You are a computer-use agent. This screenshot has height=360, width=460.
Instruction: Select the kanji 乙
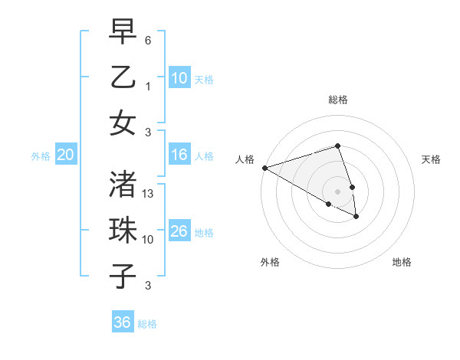click(123, 77)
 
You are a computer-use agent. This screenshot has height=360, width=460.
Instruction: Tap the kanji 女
click(123, 123)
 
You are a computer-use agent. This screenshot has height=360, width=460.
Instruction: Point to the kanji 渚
click(123, 185)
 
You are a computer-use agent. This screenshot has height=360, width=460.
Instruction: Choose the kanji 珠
click(123, 230)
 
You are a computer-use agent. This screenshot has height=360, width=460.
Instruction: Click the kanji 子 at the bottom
click(123, 275)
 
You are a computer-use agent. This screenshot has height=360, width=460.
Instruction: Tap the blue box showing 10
click(179, 77)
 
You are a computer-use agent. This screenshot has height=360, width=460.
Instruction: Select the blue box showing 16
click(179, 155)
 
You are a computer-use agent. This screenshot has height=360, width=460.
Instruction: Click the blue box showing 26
click(179, 231)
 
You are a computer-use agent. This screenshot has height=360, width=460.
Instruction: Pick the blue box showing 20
click(65, 155)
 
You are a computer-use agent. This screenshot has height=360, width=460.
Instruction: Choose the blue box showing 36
click(123, 322)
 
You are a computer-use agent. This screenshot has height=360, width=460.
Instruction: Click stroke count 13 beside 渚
click(149, 194)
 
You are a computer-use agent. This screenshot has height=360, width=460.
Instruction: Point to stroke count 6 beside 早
click(149, 40)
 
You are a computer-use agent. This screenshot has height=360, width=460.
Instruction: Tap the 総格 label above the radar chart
click(337, 100)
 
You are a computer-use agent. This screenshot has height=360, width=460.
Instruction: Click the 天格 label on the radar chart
click(432, 159)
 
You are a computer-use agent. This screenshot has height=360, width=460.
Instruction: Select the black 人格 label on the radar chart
click(245, 159)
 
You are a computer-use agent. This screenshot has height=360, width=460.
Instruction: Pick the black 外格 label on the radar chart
click(269, 262)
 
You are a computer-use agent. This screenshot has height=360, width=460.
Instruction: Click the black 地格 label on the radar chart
click(402, 262)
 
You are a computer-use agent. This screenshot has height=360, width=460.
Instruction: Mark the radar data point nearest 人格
click(264, 168)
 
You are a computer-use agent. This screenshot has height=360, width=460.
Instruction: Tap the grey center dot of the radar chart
click(337, 191)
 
